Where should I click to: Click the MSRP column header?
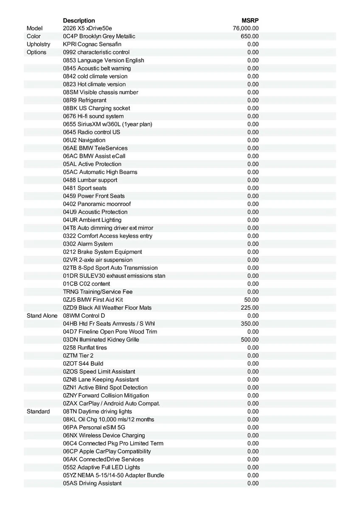click(x=250, y=20)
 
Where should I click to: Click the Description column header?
click(x=79, y=20)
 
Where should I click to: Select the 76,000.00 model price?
click(x=246, y=28)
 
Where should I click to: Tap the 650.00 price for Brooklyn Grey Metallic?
click(x=250, y=36)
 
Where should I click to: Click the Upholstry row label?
click(x=38, y=44)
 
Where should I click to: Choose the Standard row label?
click(x=38, y=412)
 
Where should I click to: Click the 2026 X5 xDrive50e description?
click(x=87, y=28)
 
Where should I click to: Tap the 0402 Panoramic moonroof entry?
click(x=97, y=204)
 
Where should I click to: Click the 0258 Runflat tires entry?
click(x=85, y=348)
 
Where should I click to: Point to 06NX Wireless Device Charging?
click(x=104, y=436)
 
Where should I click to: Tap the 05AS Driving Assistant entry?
click(x=92, y=484)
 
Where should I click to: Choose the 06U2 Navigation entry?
click(x=84, y=140)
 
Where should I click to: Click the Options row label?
click(x=37, y=52)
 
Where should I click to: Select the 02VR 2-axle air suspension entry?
click(x=98, y=260)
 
